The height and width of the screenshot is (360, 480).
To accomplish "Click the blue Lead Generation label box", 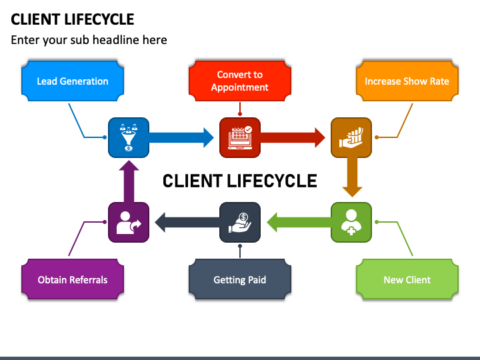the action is (73, 81).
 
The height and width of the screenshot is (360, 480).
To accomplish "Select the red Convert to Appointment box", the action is (240, 81).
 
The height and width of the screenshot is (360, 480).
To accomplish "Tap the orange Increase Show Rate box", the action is (407, 81).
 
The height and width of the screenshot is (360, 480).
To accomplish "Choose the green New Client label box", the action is (407, 279).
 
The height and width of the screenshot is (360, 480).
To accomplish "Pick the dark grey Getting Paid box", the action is (240, 279).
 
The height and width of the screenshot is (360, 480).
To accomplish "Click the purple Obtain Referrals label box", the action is (73, 279).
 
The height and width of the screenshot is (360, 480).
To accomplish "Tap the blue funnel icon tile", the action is (129, 138).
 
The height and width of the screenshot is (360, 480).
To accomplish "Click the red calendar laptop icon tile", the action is (240, 138).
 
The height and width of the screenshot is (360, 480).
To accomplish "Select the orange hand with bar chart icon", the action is (351, 138).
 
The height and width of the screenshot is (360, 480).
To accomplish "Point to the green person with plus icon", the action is (351, 222).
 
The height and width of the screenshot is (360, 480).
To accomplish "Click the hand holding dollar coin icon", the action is (240, 222).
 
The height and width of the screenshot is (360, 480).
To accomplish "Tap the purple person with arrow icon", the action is (129, 222).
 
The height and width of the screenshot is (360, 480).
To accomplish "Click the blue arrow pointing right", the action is (181, 138).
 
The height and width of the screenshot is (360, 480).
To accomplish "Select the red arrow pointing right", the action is (293, 138).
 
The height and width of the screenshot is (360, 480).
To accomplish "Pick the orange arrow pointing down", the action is (352, 177).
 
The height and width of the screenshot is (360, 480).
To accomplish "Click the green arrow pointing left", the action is (299, 222).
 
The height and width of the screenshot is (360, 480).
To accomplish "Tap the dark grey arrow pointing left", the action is (187, 222).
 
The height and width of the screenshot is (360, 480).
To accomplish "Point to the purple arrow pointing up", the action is (129, 181).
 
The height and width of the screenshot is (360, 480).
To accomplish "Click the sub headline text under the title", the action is (89, 40).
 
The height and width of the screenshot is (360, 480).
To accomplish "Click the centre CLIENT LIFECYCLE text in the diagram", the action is (240, 181).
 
